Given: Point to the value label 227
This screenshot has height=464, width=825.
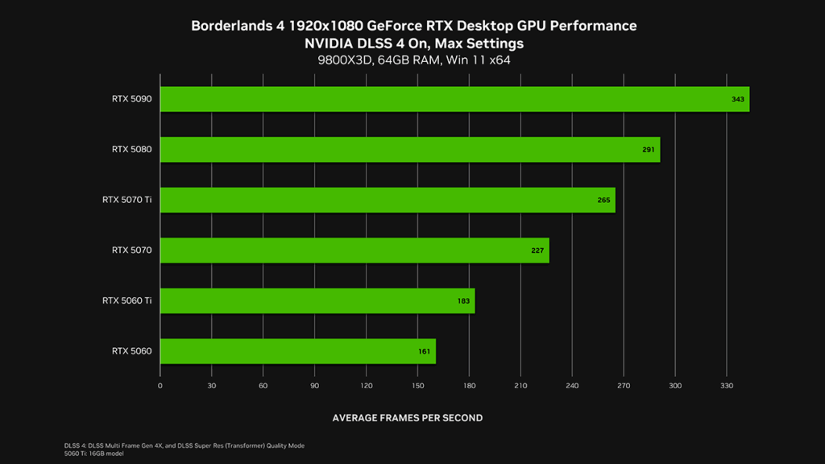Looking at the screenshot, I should tap(537, 251).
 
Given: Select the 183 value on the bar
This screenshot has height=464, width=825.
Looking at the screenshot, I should tap(463, 301).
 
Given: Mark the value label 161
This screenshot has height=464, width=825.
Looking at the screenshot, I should tap(425, 352).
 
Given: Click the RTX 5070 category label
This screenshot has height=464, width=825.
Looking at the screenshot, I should tap(131, 251).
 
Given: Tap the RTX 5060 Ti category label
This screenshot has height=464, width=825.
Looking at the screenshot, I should tap(126, 300).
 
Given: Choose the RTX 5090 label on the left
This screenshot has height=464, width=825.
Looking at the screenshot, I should tap(131, 99).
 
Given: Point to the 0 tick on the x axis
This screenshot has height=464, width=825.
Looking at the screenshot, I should tap(160, 386).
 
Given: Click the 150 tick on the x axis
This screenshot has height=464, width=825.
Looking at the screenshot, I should tap(417, 386).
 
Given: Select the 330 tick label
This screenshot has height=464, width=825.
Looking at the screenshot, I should tap(726, 386).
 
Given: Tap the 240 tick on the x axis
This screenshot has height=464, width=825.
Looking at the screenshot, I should tap(572, 386).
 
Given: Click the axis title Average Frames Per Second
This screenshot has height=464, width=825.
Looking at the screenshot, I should tap(408, 418).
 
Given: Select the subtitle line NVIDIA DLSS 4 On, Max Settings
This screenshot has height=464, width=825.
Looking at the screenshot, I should tap(413, 43).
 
